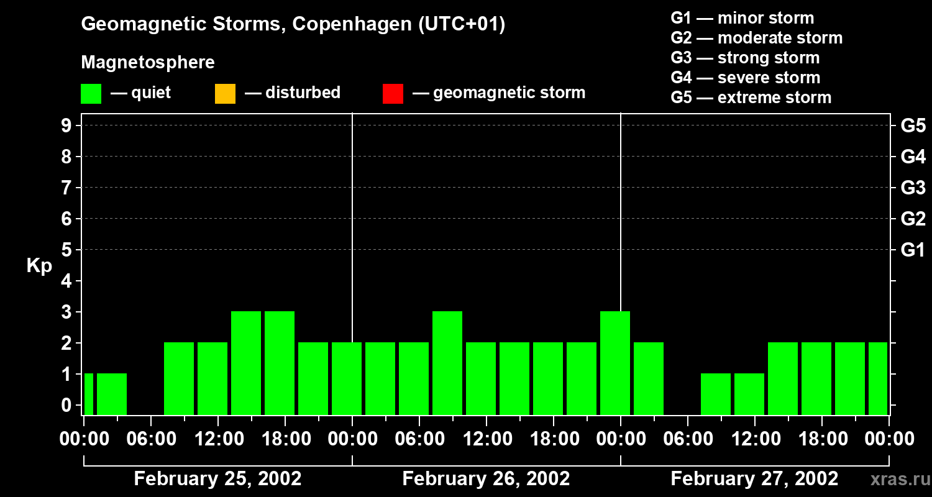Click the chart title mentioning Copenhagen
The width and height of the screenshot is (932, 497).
point(293,24)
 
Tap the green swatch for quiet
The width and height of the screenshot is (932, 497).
point(91,93)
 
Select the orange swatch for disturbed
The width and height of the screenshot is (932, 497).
point(225,93)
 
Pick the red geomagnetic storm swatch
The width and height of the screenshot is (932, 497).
point(393,93)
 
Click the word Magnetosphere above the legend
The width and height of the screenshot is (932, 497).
point(148,63)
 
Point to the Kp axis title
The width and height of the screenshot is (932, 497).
point(39,266)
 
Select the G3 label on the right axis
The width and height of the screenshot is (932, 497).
point(913,188)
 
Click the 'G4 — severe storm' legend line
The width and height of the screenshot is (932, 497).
point(746,78)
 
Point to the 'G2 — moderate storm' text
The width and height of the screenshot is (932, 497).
point(756,38)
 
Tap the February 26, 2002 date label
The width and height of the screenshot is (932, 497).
point(486,479)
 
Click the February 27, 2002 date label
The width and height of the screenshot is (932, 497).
point(754,479)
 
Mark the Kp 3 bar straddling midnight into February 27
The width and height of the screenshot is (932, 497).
point(615,363)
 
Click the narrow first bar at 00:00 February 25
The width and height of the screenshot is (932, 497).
point(88,394)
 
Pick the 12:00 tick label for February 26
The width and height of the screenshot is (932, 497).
point(487,439)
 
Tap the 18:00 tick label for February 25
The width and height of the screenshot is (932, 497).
point(285,439)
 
